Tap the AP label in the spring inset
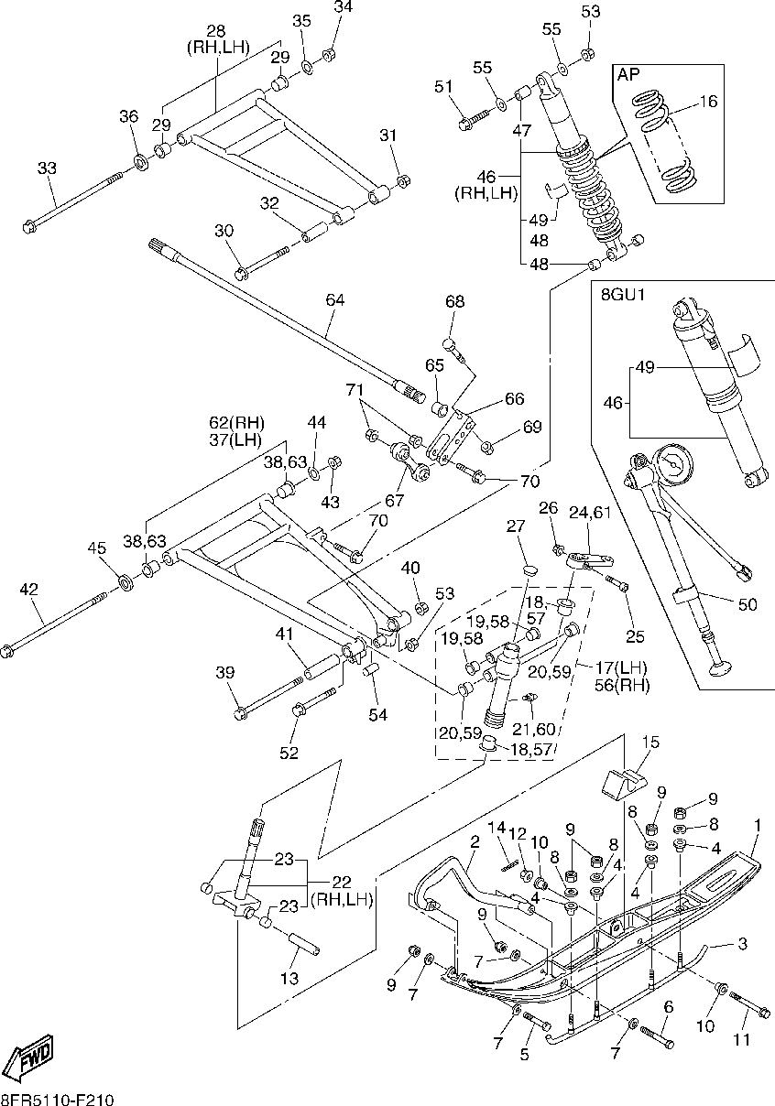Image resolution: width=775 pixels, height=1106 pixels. [628, 74]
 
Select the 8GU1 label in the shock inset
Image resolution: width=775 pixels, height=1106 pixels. [623, 295]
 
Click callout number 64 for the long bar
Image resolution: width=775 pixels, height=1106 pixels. [335, 299]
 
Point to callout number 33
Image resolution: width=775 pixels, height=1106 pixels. [47, 168]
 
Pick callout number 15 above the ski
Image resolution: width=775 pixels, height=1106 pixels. [650, 743]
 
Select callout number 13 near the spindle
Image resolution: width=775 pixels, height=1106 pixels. [289, 978]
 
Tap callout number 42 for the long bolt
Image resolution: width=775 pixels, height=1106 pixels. [28, 589]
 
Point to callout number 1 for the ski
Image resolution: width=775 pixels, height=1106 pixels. [758, 825]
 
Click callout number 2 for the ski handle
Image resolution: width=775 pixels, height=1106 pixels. [475, 842]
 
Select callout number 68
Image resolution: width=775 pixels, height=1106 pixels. [455, 301]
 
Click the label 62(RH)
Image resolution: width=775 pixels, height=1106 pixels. [236, 423]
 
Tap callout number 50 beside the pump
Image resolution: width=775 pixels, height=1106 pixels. [748, 604]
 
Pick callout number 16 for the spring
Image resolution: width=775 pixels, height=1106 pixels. [708, 102]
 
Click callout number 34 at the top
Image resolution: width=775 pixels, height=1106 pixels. [344, 7]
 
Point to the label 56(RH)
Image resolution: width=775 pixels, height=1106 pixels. [622, 686]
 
